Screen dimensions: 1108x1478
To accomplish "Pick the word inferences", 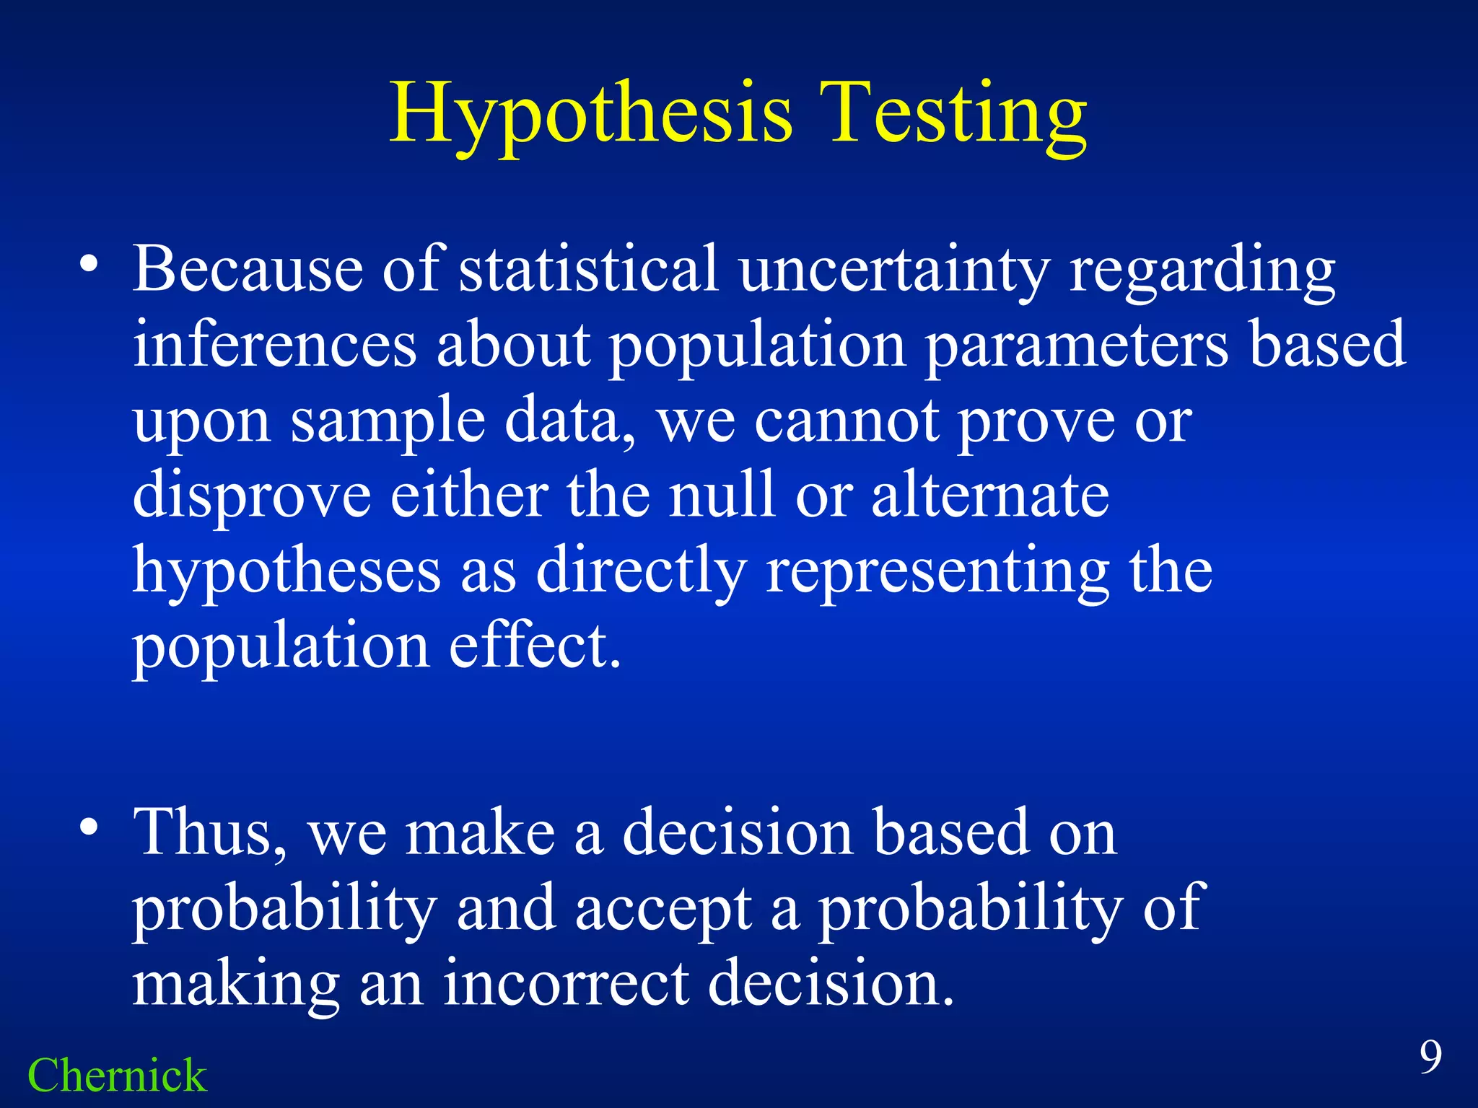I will tap(274, 345).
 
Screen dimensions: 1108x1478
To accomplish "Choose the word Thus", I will tap(209, 833).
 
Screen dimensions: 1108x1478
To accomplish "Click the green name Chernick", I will tap(117, 1076).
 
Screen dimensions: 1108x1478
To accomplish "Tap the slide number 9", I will tap(1431, 1058).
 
